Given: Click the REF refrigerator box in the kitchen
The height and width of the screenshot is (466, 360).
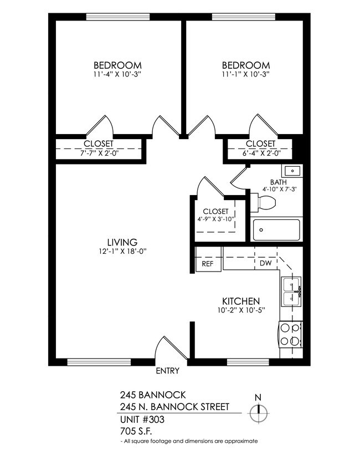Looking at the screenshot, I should coord(208,264).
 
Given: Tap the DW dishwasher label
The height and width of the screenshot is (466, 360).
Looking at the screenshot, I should coord(265,264).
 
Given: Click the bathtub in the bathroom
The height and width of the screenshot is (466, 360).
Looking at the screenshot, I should coord(276,230).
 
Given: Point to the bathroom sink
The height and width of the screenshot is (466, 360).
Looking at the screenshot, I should coord(292,170).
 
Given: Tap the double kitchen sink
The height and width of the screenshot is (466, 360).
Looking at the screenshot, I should coord(291,291).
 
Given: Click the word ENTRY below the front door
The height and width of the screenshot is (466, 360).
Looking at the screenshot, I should coord(167,371).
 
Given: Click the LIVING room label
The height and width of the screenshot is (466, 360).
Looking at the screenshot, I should coord(122,242).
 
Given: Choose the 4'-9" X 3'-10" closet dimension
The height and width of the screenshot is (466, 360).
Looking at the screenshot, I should coord(215,219).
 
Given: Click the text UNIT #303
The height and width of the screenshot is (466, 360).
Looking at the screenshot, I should coord(142,419).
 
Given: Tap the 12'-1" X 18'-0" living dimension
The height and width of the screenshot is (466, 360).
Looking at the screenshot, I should coord(122,251).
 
